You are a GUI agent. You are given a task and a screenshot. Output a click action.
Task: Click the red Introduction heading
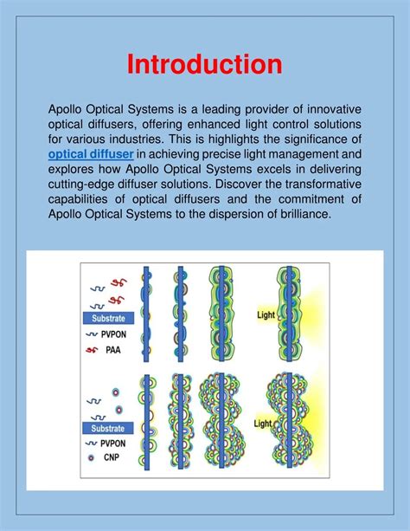[204, 65]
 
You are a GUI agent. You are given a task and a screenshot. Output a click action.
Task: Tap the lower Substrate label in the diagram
[108, 427]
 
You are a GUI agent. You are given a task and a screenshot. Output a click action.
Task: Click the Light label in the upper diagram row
[266, 315]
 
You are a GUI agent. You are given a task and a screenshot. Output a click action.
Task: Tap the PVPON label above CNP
[116, 442]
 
